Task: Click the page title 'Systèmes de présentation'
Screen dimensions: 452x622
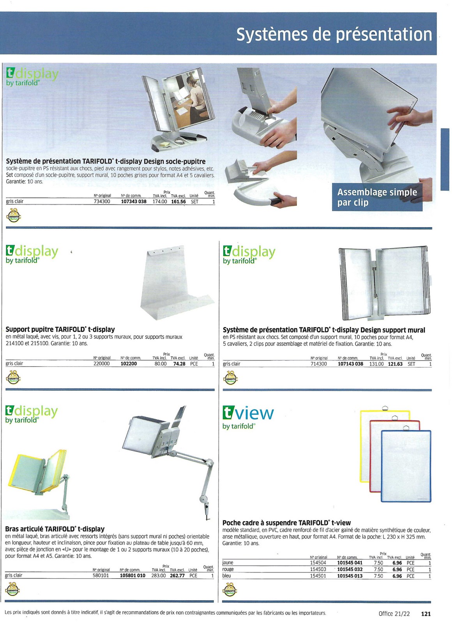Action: [334, 34]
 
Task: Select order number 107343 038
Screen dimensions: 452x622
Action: [133, 202]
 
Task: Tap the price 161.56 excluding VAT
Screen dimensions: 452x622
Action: [178, 202]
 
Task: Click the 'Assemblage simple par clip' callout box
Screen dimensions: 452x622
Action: [377, 197]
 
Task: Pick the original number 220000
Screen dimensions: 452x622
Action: [101, 364]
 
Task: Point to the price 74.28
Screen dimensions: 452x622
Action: [179, 364]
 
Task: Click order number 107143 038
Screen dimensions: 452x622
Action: [350, 364]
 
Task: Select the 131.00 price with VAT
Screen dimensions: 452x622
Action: [376, 364]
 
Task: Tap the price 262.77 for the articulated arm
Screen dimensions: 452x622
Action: [177, 576]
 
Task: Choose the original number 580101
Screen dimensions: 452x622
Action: [101, 576]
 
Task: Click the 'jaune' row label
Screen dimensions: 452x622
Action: [228, 563]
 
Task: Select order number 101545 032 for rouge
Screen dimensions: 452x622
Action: [350, 569]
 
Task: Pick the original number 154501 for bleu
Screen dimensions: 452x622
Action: [318, 576]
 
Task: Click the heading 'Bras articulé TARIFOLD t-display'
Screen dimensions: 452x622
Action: [55, 529]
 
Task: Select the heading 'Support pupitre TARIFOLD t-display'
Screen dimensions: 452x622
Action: [60, 329]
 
